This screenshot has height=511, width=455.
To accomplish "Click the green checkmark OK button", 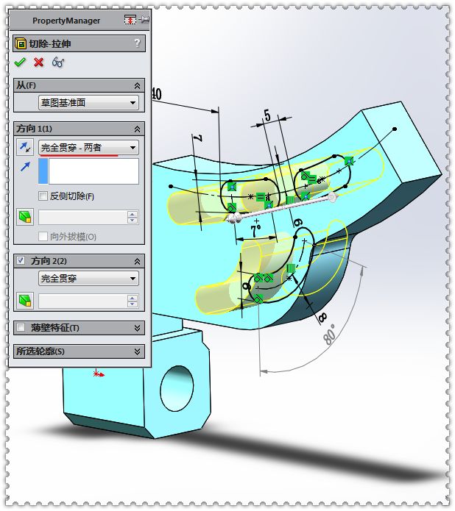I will [x=20, y=62].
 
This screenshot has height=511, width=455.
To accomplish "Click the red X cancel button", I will [x=39, y=62].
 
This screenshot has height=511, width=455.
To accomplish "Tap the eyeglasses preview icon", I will [x=59, y=62].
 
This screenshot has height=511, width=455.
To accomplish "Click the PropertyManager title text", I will [x=66, y=21].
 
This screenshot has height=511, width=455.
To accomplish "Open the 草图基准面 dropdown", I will [x=88, y=103].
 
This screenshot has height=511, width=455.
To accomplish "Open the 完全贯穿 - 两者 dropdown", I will [x=88, y=148].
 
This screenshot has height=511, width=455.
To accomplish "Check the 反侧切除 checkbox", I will [x=43, y=196].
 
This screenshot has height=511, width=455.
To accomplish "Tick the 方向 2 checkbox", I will [x=21, y=261].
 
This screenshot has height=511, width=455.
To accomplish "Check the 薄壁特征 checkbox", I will [x=21, y=328].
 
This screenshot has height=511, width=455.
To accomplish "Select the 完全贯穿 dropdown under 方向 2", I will [x=88, y=279].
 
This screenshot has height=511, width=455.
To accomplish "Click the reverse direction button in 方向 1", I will [x=25, y=148].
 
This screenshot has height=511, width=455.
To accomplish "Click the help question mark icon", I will [x=137, y=43].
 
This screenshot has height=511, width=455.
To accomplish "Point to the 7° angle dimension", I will [x=255, y=229].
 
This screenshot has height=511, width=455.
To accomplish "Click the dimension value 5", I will [x=267, y=115].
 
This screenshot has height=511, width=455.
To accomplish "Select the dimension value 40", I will [x=155, y=94].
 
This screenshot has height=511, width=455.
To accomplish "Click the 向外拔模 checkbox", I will [x=43, y=237].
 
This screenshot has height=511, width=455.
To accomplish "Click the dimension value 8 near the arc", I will [x=322, y=317].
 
